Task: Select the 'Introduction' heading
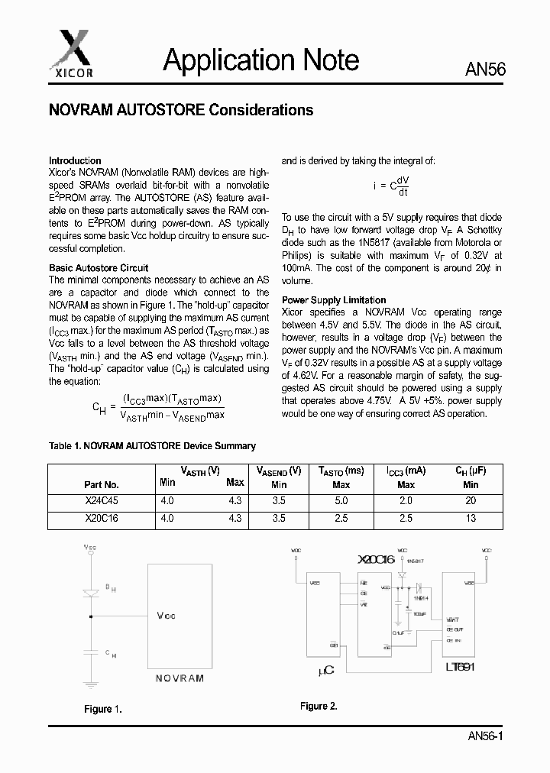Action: [x=75, y=160]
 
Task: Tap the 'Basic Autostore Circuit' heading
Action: [x=99, y=268]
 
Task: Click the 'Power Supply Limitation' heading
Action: [x=334, y=300]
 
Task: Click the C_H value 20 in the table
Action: [x=471, y=501]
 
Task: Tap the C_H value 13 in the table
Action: [x=471, y=518]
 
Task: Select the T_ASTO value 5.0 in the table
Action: [x=341, y=501]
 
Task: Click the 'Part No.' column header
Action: [x=102, y=484]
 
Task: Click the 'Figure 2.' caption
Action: [x=319, y=706]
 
